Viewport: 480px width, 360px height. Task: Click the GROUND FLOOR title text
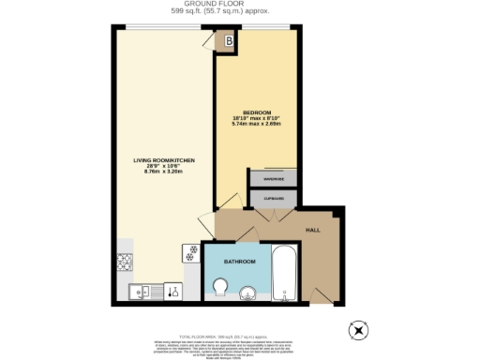tap(239, 5)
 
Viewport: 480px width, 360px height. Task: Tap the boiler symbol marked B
tap(228, 41)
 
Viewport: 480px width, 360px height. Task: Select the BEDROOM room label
tap(255, 112)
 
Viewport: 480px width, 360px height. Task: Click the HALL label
tap(315, 230)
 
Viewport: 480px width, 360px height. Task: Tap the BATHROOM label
tap(240, 262)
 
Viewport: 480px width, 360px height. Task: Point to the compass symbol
tap(356, 329)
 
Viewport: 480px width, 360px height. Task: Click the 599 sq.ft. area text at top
tap(239, 12)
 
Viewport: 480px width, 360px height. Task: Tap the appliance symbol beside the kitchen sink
tap(172, 292)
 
